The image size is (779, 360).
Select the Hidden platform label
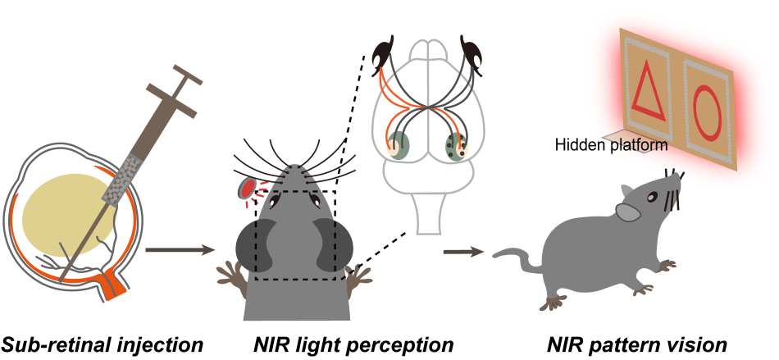pyautogui.click(x=610, y=145)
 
